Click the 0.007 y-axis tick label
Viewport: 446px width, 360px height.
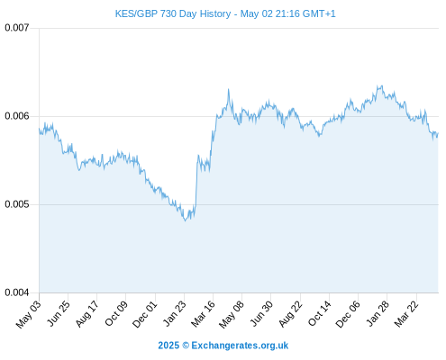tap(17, 28)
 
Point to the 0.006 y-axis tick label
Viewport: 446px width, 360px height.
tap(17, 116)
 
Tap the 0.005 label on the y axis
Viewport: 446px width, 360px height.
tap(17, 204)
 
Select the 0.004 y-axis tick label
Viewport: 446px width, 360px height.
tap(17, 292)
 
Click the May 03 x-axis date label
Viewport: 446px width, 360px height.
tap(29, 314)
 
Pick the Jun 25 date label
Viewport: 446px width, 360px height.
tap(59, 313)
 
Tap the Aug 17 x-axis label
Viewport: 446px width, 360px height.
tap(86, 314)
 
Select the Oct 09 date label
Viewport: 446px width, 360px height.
tap(116, 313)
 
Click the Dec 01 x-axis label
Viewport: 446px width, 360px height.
tap(144, 314)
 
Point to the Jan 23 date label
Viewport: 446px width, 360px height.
tap(175, 313)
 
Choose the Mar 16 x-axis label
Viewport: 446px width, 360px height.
tap(203, 314)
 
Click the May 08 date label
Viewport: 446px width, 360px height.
tap(232, 314)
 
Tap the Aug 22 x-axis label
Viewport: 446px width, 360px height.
tap(290, 314)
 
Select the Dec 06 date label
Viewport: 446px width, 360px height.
tap(348, 314)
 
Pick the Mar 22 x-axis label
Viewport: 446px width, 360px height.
tap(406, 314)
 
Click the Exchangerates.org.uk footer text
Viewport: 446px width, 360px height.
tap(240, 346)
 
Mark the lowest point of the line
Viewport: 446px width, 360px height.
tap(185, 220)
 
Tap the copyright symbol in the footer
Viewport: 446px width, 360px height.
tap(186, 346)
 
